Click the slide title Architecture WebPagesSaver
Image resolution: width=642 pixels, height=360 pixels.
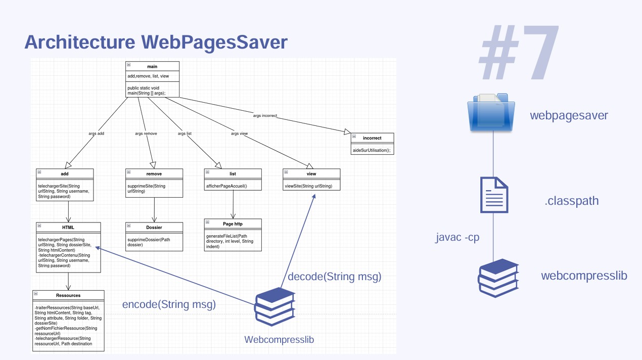pos(156,42)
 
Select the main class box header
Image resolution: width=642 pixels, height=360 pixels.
pos(152,66)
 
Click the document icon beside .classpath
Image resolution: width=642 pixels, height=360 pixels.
pos(494,195)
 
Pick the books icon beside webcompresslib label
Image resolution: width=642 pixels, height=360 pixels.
pos(498,278)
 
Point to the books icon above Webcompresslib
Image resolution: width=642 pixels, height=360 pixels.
pos(274,307)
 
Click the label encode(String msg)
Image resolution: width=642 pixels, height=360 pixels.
pos(169,304)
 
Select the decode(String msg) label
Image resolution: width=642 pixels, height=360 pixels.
pos(334,277)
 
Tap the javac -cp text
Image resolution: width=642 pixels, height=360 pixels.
pos(457,237)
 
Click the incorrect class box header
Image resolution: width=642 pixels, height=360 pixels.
pos(372,138)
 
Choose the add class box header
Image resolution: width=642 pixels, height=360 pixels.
pos(65,173)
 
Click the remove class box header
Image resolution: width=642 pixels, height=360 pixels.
pos(154,173)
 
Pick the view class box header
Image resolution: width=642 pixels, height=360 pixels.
pos(311,173)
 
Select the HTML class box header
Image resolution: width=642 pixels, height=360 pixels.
pos(68,227)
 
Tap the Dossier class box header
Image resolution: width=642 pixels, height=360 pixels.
pos(154,227)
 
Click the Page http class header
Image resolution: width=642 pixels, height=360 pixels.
pos(233,223)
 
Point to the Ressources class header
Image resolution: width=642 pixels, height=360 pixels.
pos(68,295)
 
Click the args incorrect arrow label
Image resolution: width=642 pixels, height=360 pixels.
pos(265,116)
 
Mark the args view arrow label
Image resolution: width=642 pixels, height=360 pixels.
pos(239,133)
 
